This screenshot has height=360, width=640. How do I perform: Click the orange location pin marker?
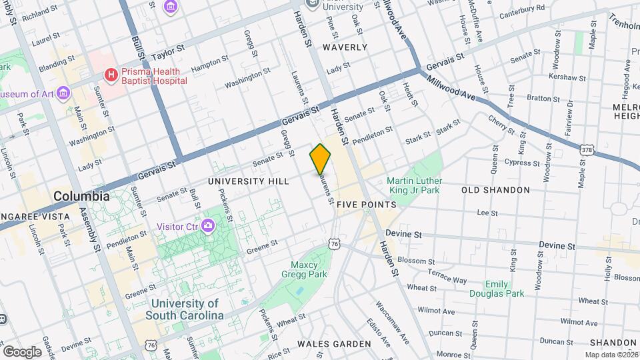coord(320,159)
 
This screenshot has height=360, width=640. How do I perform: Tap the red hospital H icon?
coord(111,74)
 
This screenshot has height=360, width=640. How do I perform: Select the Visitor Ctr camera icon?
coord(208,226)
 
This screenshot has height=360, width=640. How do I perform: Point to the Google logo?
coord(22,351)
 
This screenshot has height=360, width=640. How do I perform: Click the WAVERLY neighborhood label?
coord(345,47)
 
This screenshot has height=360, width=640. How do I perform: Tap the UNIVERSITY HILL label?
coord(248,181)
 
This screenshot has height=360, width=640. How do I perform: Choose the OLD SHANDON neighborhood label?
coord(495,190)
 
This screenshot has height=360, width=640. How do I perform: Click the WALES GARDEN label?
coord(334,344)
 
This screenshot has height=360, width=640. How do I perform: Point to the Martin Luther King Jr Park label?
coord(413,185)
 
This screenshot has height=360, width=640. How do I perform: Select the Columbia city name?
coord(81,197)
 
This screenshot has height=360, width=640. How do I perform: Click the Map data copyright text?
coord(611,355)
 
